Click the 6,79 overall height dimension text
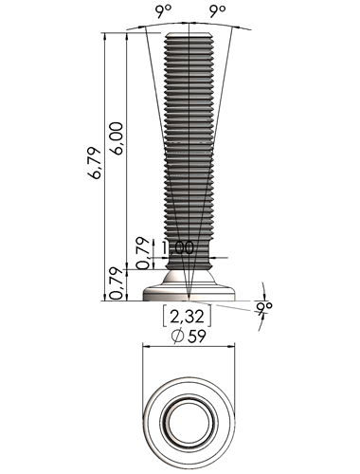point(95,163)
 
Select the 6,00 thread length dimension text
point(117,138)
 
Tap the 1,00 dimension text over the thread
point(177,247)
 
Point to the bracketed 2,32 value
point(187,317)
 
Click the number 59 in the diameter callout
point(196,337)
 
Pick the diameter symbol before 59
point(177,337)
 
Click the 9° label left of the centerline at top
point(163,11)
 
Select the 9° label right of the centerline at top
point(218,11)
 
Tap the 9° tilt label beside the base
point(264,307)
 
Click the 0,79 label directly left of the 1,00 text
point(144,253)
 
